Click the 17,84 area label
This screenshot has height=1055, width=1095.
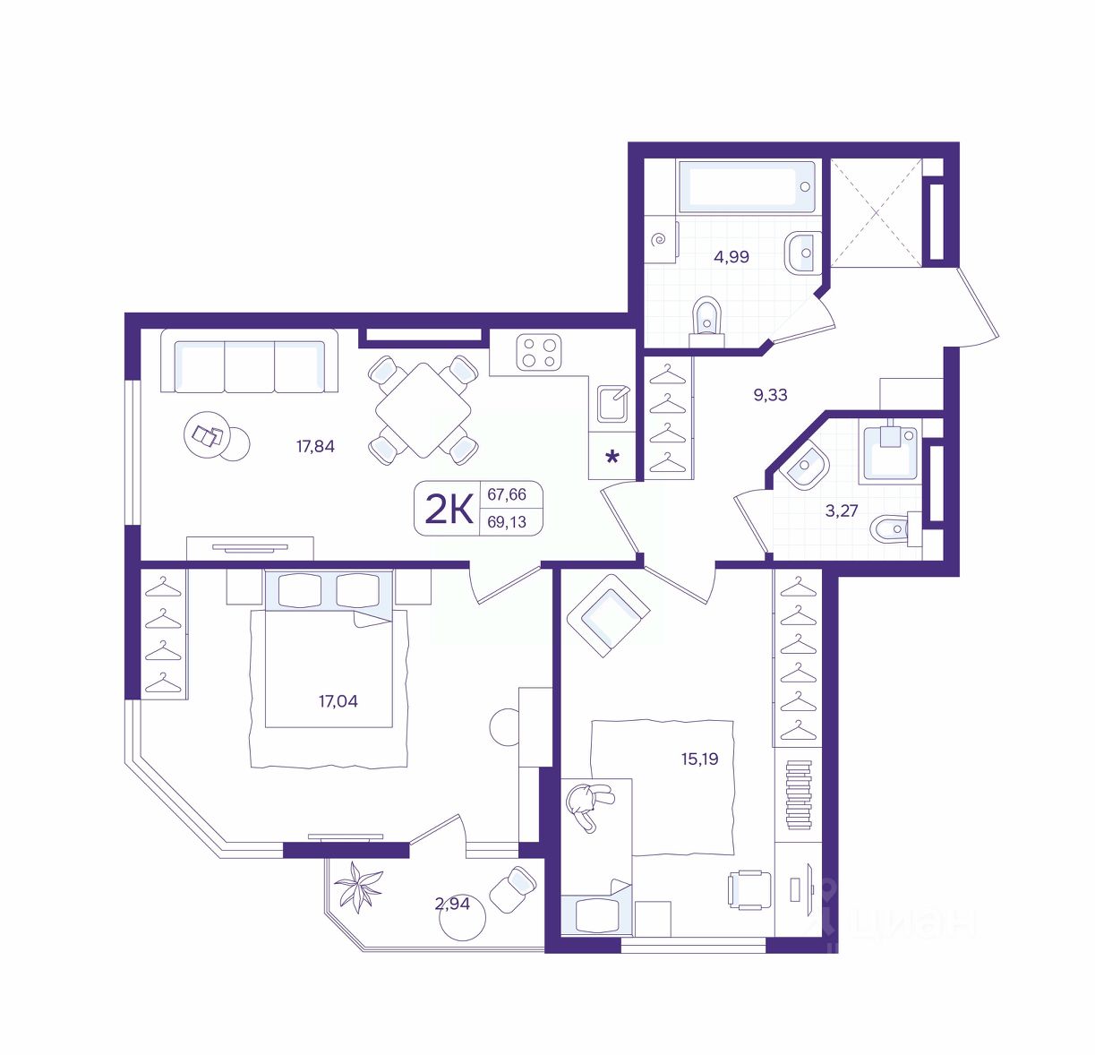pos(316,446)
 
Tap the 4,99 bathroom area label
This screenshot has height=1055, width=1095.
pos(731,257)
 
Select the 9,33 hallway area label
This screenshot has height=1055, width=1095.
pos(770,395)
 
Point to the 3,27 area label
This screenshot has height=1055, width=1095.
pos(842,510)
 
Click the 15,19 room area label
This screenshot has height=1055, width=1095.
pos(699,759)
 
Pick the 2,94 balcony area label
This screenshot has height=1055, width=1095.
pos(452,904)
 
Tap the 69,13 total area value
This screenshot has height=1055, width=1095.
pos(507,522)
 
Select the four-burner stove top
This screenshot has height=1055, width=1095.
pos(539,353)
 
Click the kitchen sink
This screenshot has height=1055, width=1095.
pos(613,402)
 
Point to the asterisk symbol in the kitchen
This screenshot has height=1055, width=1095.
pos(612,457)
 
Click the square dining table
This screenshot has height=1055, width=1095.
pos(423,410)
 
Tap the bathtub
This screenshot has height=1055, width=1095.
pos(747,186)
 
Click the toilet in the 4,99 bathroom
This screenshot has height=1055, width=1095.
pos(706,322)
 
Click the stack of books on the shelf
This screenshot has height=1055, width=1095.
pos(799,794)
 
